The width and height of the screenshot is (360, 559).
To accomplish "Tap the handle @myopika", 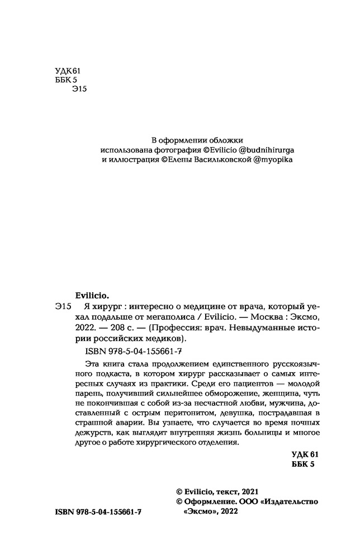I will pyautogui.click(x=273, y=159).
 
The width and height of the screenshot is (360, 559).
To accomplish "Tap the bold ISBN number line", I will pyautogui.click(x=99, y=512).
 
